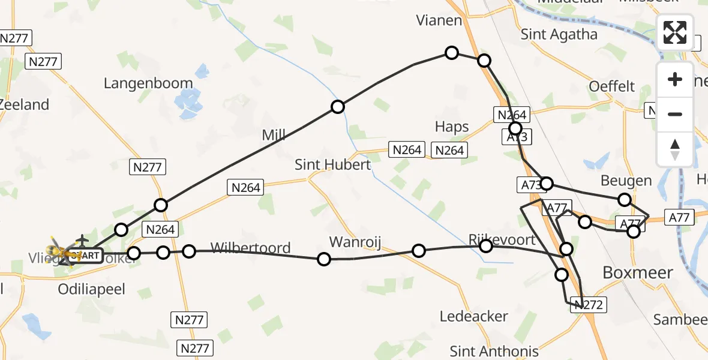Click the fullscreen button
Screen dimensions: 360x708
pyautogui.click(x=675, y=32)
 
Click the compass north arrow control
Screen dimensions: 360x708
pyautogui.click(x=675, y=149)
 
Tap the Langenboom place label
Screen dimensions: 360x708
pyautogui.click(x=148, y=83)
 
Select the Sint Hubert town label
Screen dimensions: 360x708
pyautogui.click(x=332, y=164)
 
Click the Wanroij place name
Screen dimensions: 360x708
pyautogui.click(x=355, y=242)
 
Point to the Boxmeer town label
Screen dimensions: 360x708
pyautogui.click(x=637, y=272)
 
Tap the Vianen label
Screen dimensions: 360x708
pyautogui.click(x=439, y=21)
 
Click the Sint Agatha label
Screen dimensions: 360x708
pyautogui.click(x=559, y=34)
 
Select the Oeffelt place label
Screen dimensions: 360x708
pyautogui.click(x=611, y=86)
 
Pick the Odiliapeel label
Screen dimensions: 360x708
pyautogui.click(x=91, y=289)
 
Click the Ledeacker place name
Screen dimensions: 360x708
pyautogui.click(x=473, y=316)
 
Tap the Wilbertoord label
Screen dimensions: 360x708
pyautogui.click(x=250, y=247)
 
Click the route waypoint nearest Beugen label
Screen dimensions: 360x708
pyautogui.click(x=625, y=200)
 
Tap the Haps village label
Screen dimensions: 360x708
pyautogui.click(x=452, y=127)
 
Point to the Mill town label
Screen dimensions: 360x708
pyautogui.click(x=274, y=134)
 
